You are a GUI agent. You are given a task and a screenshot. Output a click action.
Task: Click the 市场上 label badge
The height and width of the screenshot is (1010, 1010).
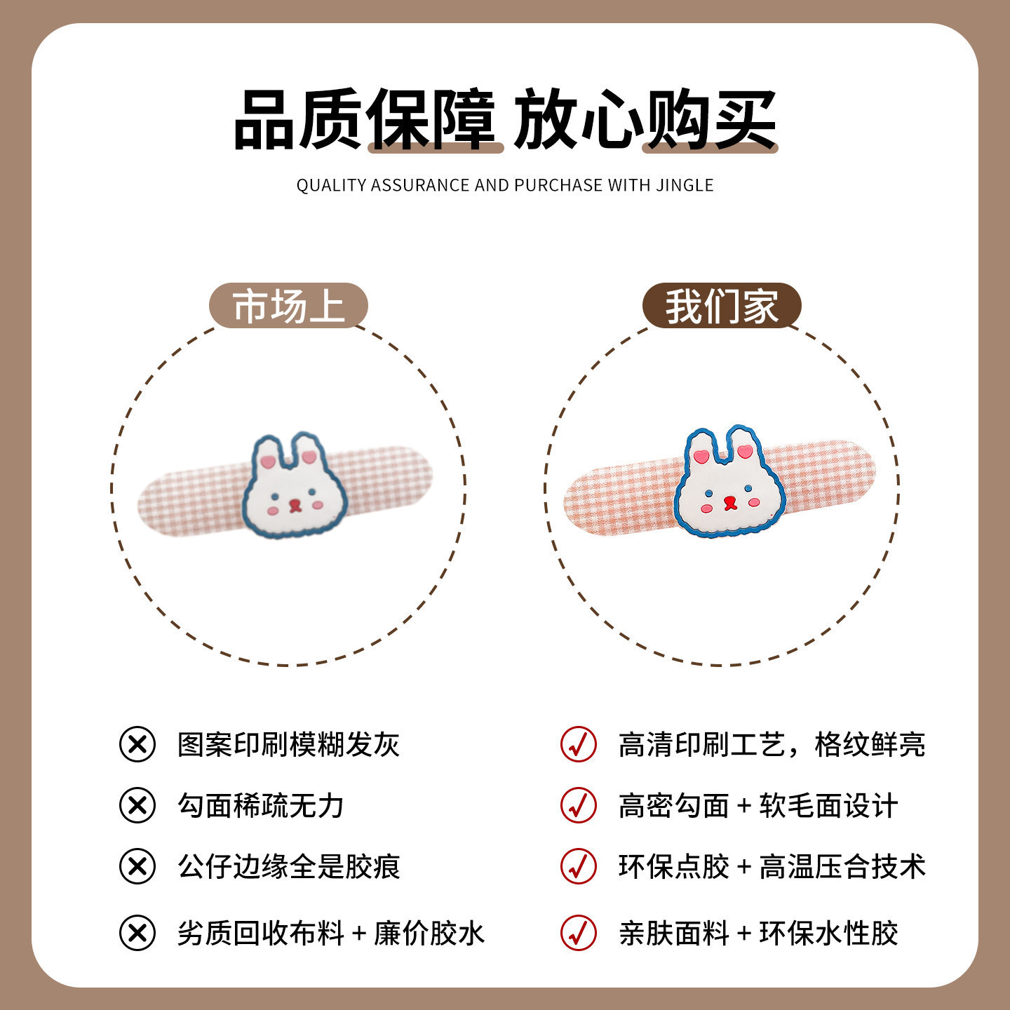point(288,306)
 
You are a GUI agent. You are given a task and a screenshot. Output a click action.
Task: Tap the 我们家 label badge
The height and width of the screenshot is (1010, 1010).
point(722,306)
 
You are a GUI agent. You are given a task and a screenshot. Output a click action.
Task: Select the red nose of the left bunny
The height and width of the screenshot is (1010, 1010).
point(295,505)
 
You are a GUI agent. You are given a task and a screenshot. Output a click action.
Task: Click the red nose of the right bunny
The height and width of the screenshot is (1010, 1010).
point(729,503)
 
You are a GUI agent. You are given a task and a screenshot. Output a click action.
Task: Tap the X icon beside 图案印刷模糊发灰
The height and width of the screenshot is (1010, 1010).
point(137,744)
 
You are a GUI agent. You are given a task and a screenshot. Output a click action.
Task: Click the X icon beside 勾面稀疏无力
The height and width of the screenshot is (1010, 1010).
point(137,805)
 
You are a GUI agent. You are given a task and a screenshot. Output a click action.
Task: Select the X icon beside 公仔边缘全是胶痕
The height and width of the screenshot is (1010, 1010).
point(137,866)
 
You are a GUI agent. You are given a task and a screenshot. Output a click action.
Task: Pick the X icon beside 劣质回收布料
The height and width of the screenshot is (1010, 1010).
point(137,933)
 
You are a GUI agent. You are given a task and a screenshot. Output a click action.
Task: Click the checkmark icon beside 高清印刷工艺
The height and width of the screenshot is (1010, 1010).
point(578,744)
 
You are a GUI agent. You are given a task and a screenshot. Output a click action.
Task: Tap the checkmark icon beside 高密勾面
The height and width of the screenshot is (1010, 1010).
point(578,805)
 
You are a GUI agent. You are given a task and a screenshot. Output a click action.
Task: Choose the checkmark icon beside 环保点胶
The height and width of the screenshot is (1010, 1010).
point(578,866)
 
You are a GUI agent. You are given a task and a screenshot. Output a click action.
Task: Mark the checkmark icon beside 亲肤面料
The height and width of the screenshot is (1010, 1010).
point(578,933)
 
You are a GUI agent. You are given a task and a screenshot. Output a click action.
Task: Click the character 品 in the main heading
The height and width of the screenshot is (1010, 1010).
point(264,119)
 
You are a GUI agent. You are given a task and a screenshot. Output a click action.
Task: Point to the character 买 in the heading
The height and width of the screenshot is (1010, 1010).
point(746,119)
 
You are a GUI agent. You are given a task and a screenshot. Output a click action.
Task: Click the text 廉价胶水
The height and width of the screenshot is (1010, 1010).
point(429,934)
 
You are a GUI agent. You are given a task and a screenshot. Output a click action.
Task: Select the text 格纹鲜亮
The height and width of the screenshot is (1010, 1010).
point(870,745)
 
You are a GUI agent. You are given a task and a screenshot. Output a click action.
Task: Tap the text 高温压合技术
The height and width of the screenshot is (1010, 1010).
point(843,866)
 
